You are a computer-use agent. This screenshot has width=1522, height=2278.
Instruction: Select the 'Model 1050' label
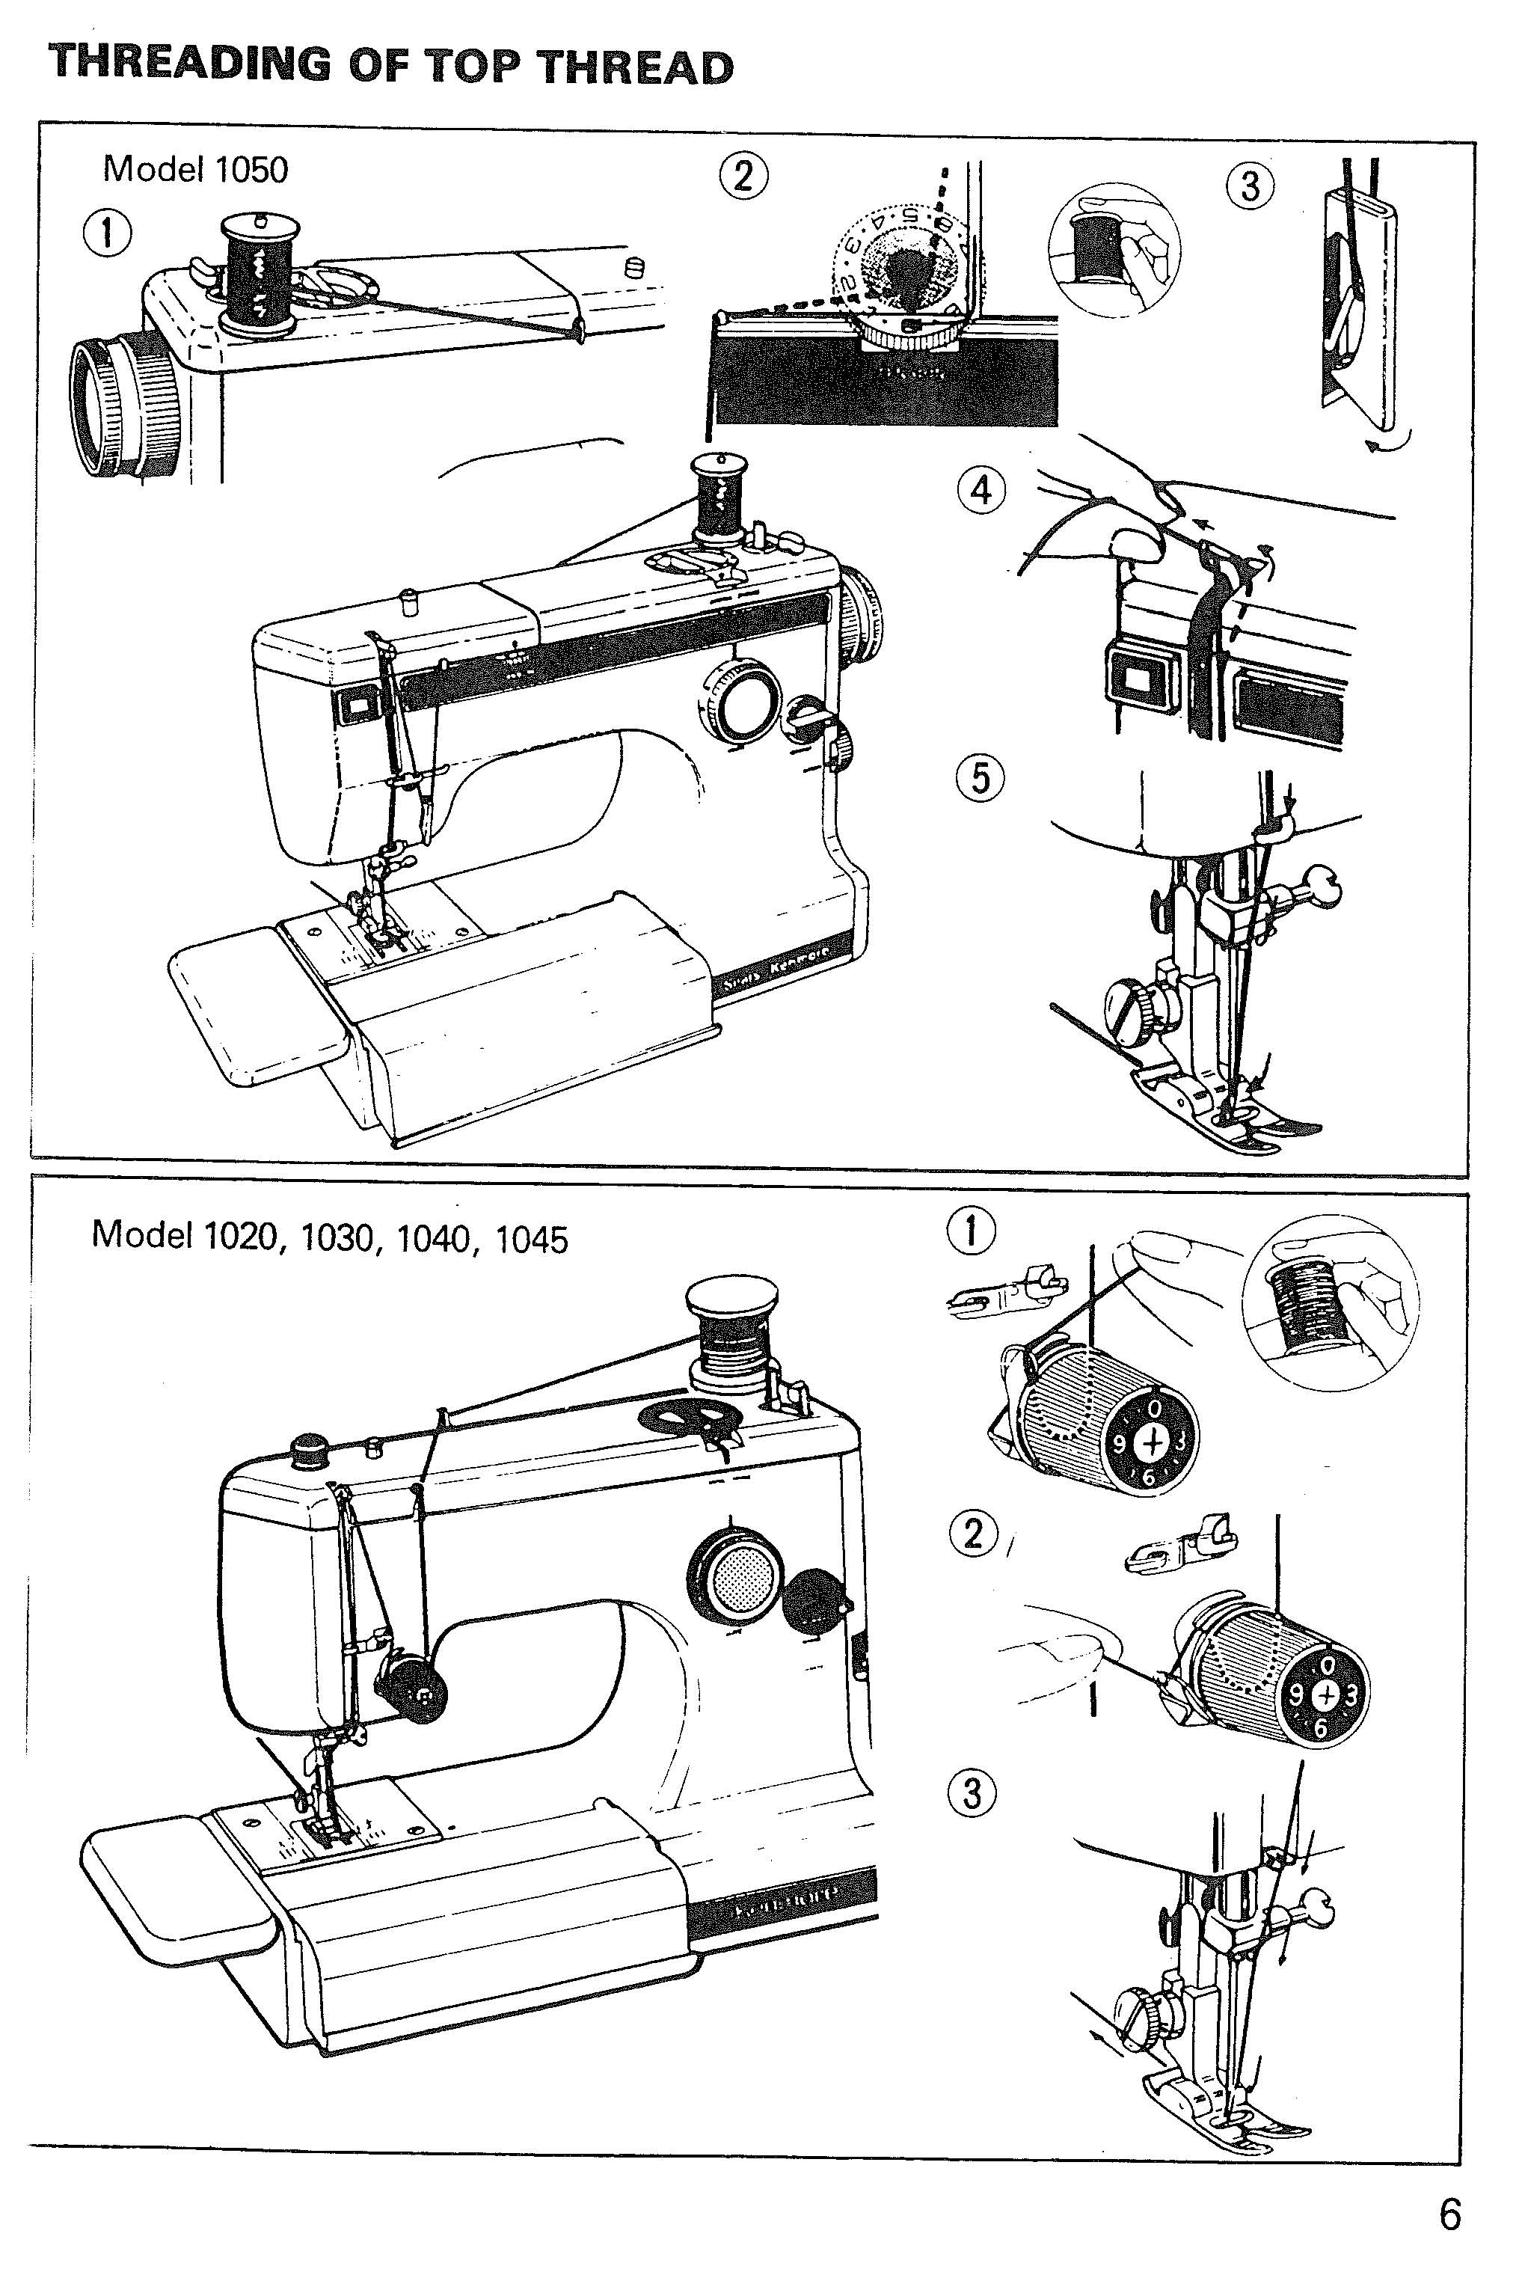coord(195,170)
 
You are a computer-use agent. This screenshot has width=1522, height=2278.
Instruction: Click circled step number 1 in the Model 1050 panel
coord(107,234)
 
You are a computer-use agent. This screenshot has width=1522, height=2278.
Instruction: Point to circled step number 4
coord(981,490)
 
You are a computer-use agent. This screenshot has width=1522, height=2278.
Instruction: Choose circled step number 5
coord(981,778)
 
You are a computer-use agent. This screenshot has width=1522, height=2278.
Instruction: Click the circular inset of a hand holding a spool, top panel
coord(1114,245)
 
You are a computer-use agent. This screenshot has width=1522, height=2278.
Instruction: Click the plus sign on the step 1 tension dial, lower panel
coord(1153,1444)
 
